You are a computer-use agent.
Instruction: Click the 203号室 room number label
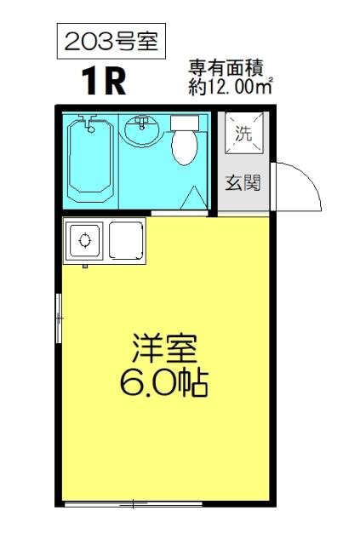point(106,43)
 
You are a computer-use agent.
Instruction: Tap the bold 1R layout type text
point(105,82)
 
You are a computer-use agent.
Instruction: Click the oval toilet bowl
point(185,147)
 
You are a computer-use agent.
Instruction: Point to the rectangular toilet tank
point(185,122)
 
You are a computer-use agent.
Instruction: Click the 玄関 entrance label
point(243,183)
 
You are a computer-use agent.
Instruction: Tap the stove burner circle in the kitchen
point(83,240)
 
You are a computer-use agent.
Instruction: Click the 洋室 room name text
point(164,348)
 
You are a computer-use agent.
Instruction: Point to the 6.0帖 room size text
point(164,384)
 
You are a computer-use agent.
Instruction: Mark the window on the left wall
point(59,317)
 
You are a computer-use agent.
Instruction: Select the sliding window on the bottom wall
point(132,504)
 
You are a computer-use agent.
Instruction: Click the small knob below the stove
point(85,265)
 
